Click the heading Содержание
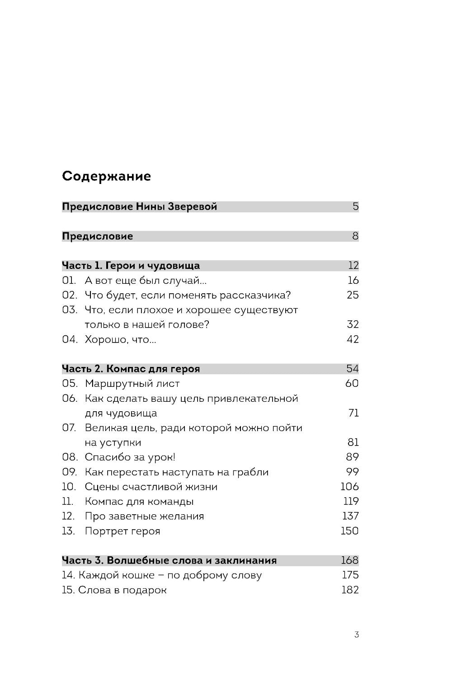[x=106, y=176]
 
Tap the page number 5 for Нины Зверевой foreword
[x=355, y=207]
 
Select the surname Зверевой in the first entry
[x=193, y=207]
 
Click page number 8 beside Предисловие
[x=355, y=236]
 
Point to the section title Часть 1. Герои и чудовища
[x=131, y=266]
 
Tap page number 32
[x=352, y=325]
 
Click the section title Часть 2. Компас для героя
[x=131, y=369]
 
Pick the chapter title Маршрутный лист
[x=132, y=384]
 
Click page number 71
[x=353, y=413]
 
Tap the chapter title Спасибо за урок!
[x=130, y=457]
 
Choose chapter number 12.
[x=68, y=517]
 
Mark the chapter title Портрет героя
[x=122, y=531]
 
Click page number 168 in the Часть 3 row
[x=349, y=561]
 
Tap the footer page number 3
[x=356, y=635]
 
